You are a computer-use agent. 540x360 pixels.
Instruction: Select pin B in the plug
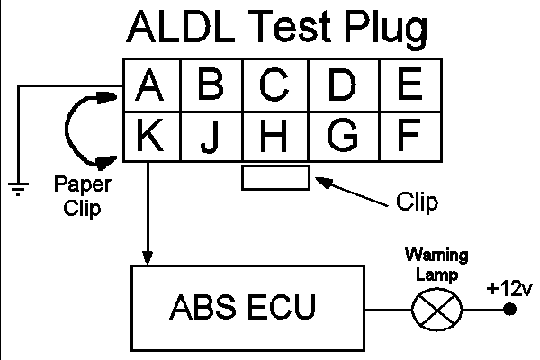click(210, 85)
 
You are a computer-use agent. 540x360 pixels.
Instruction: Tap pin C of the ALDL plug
click(274, 85)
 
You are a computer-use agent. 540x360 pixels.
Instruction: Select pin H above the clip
click(274, 136)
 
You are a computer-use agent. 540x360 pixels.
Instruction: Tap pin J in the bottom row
click(210, 136)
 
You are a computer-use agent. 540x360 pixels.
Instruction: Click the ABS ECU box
click(242, 306)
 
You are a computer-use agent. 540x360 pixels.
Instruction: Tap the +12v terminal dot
click(509, 310)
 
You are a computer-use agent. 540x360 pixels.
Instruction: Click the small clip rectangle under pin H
click(275, 177)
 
